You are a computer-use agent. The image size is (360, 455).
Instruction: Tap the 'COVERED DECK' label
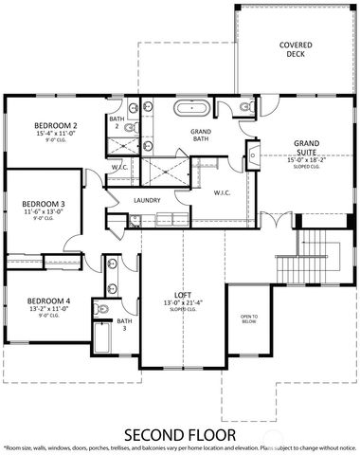[x=297, y=49]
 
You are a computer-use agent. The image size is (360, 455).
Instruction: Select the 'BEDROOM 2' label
[x=56, y=125]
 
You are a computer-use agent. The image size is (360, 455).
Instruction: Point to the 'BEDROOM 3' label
[x=44, y=203]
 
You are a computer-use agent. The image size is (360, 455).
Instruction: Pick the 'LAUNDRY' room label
[x=147, y=200]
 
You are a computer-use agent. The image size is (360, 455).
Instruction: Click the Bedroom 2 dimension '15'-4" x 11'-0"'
[x=56, y=134]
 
